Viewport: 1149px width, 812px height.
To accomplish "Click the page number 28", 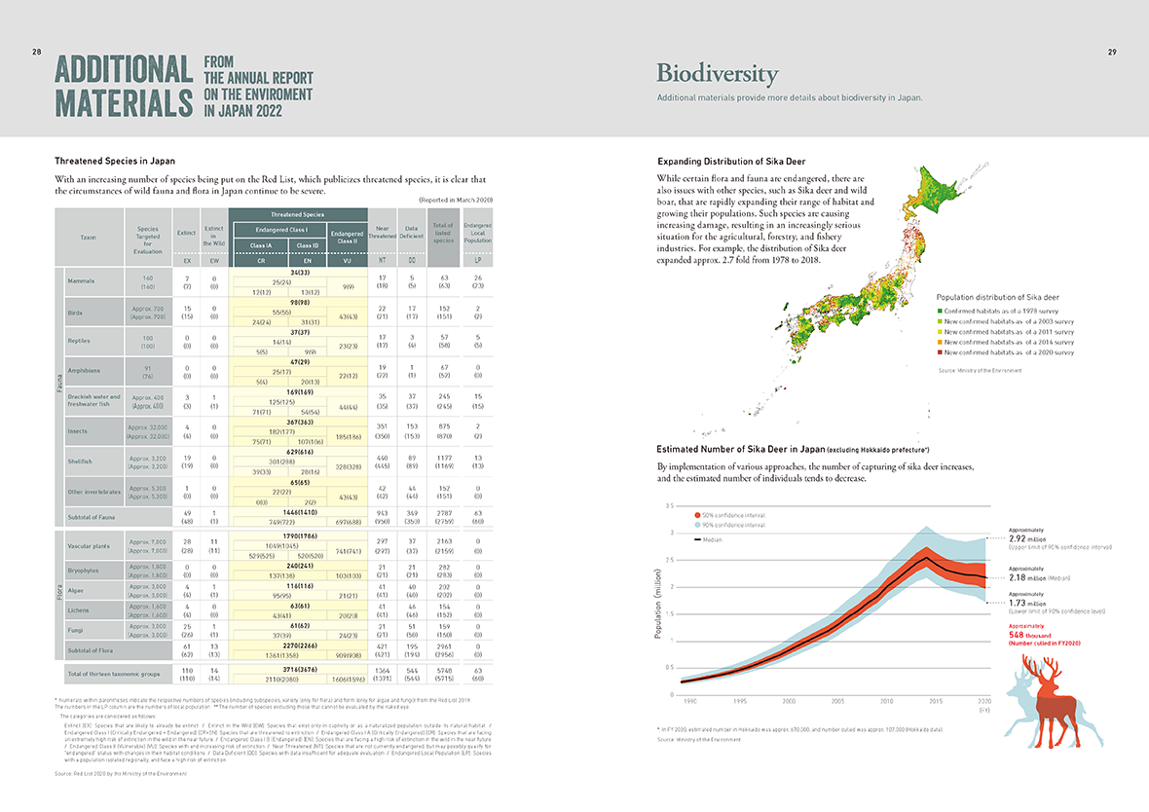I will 37,52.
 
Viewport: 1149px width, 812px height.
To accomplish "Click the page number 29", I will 1112,52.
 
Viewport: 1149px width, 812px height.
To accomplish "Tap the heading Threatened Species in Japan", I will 115,160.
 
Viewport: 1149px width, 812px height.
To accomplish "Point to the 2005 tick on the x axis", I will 837,700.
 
